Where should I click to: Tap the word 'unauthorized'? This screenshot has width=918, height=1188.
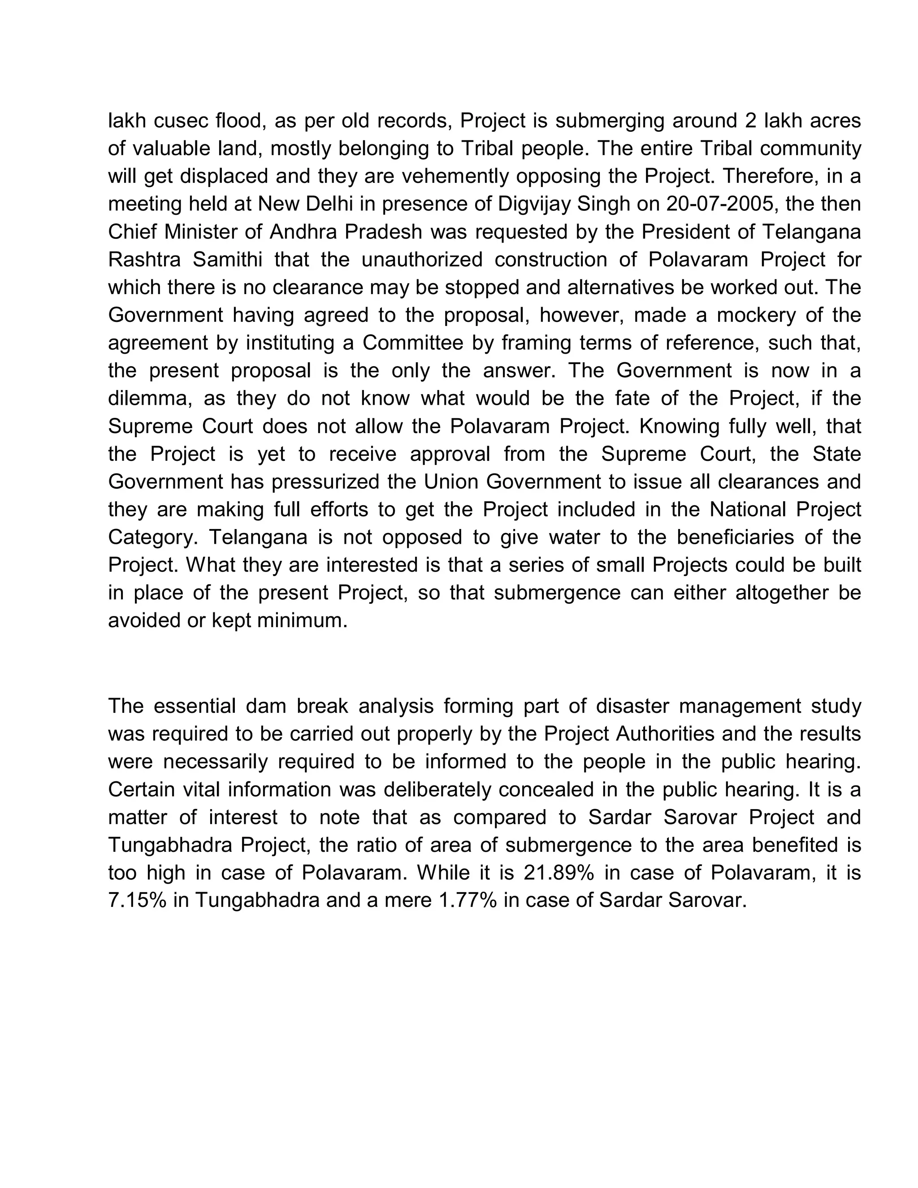[x=421, y=260]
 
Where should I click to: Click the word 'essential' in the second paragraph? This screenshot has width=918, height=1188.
[x=195, y=706]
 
